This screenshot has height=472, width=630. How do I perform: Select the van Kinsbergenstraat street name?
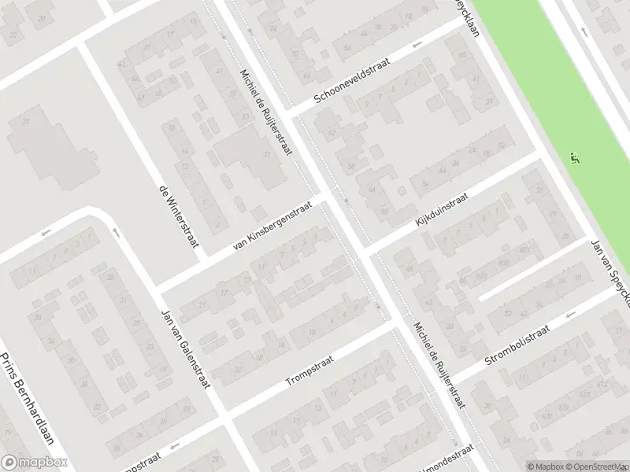point(273,226)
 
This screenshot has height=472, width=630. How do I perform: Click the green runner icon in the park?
point(575,158)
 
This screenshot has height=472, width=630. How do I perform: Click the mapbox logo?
point(34,462)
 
